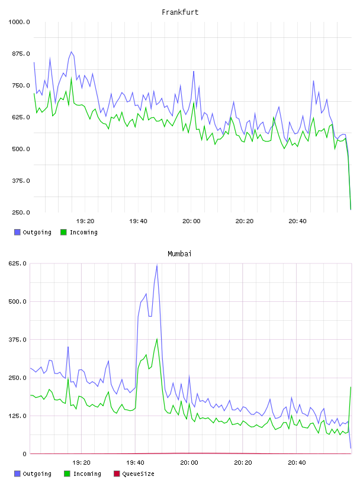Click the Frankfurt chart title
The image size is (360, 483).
pos(180,12)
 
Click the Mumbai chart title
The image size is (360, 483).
pos(179,254)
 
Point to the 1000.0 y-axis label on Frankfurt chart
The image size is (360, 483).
pos(20,22)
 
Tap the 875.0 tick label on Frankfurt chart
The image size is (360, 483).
pos(21,54)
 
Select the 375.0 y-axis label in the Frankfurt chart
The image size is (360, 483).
pos(21,181)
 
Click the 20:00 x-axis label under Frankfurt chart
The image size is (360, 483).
pos(191,221)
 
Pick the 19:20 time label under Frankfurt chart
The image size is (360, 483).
pos(85,221)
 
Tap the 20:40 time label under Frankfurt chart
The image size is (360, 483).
pos(297,221)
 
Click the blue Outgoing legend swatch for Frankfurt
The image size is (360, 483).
pos(17,232)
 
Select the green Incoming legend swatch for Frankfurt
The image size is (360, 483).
pos(63,232)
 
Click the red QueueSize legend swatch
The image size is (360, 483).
pos(117,474)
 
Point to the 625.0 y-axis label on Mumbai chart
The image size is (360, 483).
pos(18,263)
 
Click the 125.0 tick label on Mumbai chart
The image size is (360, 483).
pos(18,416)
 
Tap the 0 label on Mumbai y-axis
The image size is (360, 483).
pos(25,454)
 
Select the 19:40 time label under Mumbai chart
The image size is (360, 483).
pos(135,463)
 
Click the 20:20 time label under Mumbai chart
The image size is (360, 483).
pos(243,463)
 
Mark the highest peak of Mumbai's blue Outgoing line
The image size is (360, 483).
pos(157,265)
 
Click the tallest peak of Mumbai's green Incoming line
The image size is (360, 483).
pos(157,339)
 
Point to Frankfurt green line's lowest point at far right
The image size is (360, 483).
pos(351,210)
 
